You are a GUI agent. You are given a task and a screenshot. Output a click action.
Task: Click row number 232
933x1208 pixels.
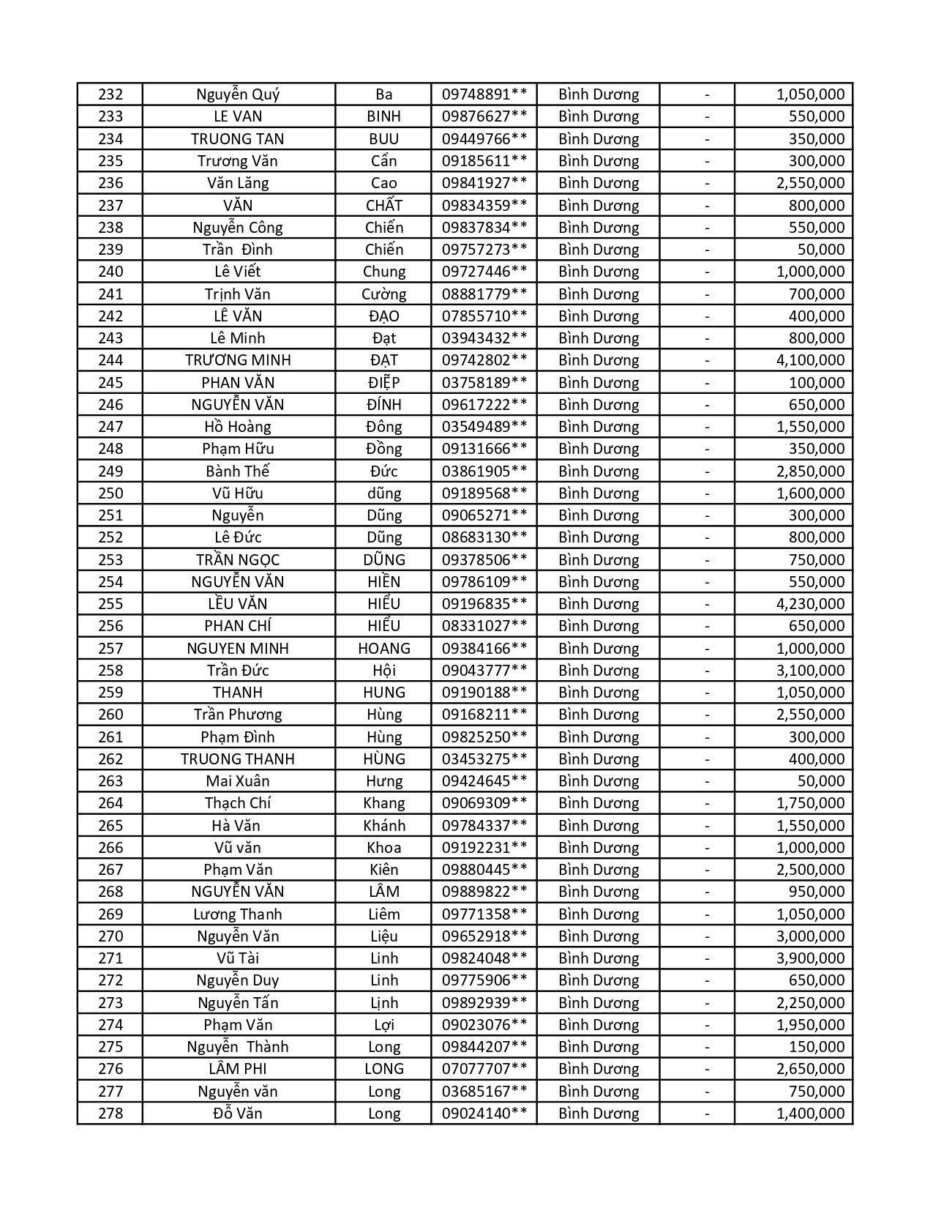pyautogui.click(x=110, y=94)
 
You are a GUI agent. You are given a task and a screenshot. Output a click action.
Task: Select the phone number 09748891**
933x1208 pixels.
pyautogui.click(x=484, y=94)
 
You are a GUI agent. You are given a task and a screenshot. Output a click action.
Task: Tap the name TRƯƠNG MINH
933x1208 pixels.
pyautogui.click(x=238, y=360)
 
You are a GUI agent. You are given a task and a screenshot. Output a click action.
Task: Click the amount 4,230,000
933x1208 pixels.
pyautogui.click(x=810, y=604)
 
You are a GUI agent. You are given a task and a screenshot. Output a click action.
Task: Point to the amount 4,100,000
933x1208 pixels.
pyautogui.click(x=810, y=360)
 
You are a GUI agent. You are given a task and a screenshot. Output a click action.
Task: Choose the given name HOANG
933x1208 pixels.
pyautogui.click(x=384, y=649)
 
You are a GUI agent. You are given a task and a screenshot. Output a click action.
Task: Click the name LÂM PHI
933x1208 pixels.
pyautogui.click(x=238, y=1069)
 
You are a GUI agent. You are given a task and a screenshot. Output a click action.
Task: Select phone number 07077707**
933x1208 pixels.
pyautogui.click(x=484, y=1069)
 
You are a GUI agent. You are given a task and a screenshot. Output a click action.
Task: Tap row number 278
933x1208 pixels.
pyautogui.click(x=110, y=1114)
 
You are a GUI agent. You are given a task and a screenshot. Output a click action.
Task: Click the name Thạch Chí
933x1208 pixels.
pyautogui.click(x=238, y=803)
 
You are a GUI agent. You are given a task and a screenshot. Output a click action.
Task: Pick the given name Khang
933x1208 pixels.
pyautogui.click(x=384, y=803)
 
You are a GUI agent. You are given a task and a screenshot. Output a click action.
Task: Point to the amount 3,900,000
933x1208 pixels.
pyautogui.click(x=810, y=958)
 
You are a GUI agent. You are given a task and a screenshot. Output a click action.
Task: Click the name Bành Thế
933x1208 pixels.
pyautogui.click(x=238, y=471)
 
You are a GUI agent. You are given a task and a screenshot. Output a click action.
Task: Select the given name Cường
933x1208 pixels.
pyautogui.click(x=384, y=294)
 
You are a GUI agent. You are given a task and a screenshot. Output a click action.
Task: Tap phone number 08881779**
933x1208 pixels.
pyautogui.click(x=484, y=294)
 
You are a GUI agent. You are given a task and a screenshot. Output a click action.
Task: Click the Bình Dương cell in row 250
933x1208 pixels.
pyautogui.click(x=599, y=493)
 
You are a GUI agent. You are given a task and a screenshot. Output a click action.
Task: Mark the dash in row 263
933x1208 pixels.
pyautogui.click(x=707, y=781)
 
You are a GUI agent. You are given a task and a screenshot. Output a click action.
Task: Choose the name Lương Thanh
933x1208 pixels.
pyautogui.click(x=238, y=914)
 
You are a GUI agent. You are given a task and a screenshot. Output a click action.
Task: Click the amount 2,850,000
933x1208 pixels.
pyautogui.click(x=810, y=471)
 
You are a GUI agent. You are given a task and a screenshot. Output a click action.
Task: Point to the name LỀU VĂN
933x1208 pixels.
pyautogui.click(x=238, y=604)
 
